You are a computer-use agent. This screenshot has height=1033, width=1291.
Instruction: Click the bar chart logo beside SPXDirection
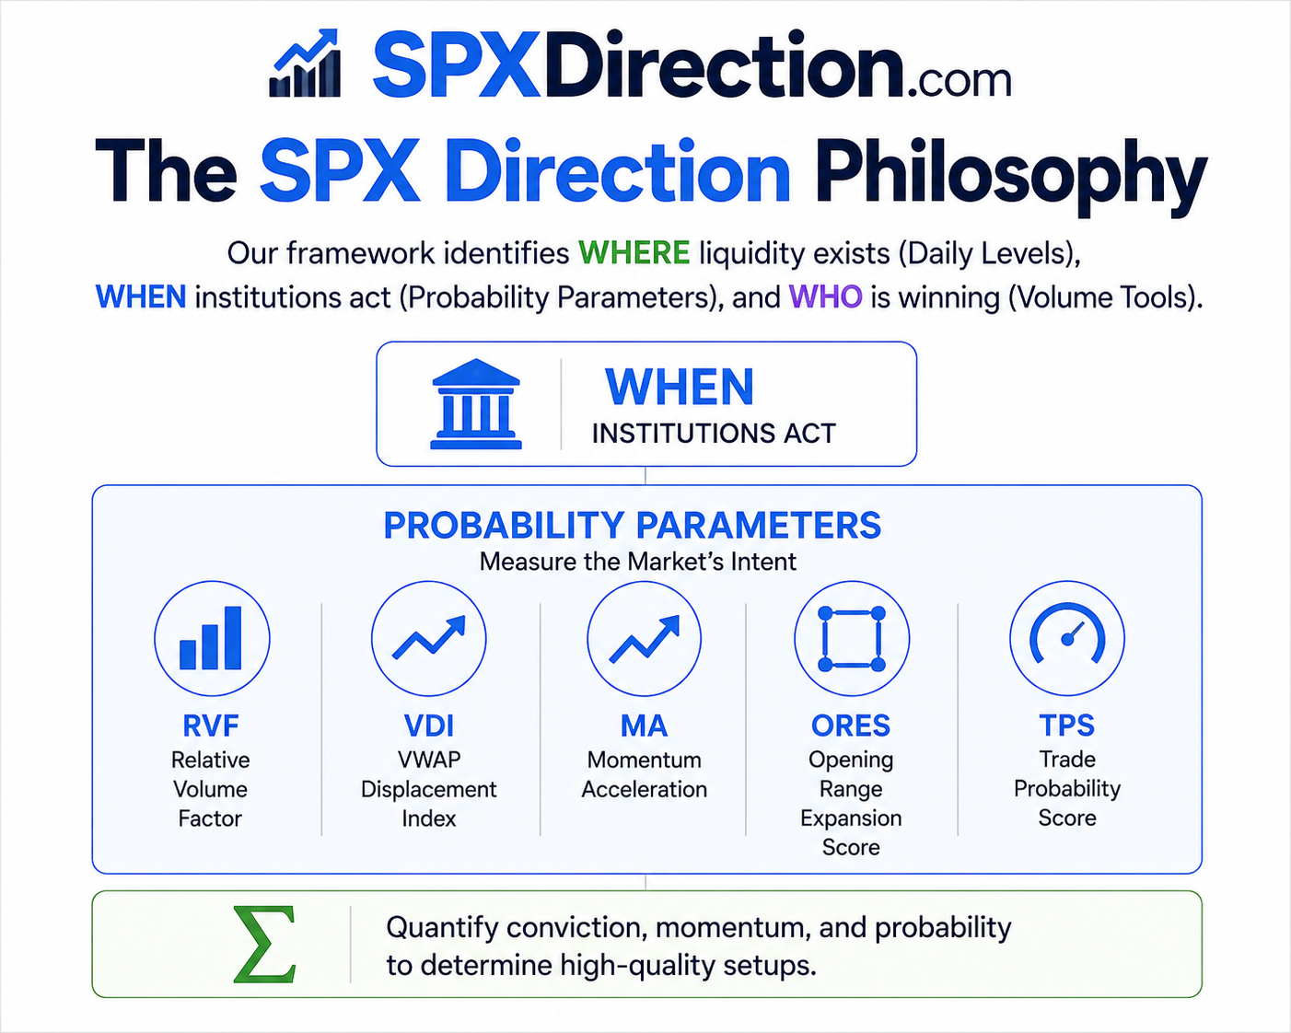(306, 64)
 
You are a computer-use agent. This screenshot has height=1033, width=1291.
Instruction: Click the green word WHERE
(634, 252)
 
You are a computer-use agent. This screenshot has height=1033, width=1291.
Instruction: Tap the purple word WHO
(825, 297)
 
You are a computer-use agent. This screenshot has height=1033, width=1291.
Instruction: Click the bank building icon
(476, 404)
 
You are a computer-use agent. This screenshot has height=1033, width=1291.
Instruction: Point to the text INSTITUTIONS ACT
(714, 433)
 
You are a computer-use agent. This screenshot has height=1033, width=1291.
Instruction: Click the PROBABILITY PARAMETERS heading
(633, 526)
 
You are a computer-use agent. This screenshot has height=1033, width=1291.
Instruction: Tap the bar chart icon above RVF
(211, 638)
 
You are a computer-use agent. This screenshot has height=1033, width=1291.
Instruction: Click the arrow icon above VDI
(428, 638)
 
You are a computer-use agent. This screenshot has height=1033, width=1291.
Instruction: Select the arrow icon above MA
(645, 639)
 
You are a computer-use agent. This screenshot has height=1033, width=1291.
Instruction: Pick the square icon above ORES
(852, 639)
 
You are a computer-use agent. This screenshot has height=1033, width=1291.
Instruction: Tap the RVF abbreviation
(211, 725)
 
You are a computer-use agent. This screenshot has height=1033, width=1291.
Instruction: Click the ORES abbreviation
(851, 725)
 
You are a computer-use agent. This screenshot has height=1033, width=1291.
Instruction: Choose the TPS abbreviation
(1067, 725)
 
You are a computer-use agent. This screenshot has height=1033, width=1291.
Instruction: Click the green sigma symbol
(264, 944)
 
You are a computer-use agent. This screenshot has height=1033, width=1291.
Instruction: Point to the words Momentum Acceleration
(645, 774)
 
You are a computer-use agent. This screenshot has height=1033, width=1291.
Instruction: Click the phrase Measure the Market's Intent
(638, 562)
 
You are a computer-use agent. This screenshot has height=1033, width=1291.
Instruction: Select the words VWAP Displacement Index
(429, 789)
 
